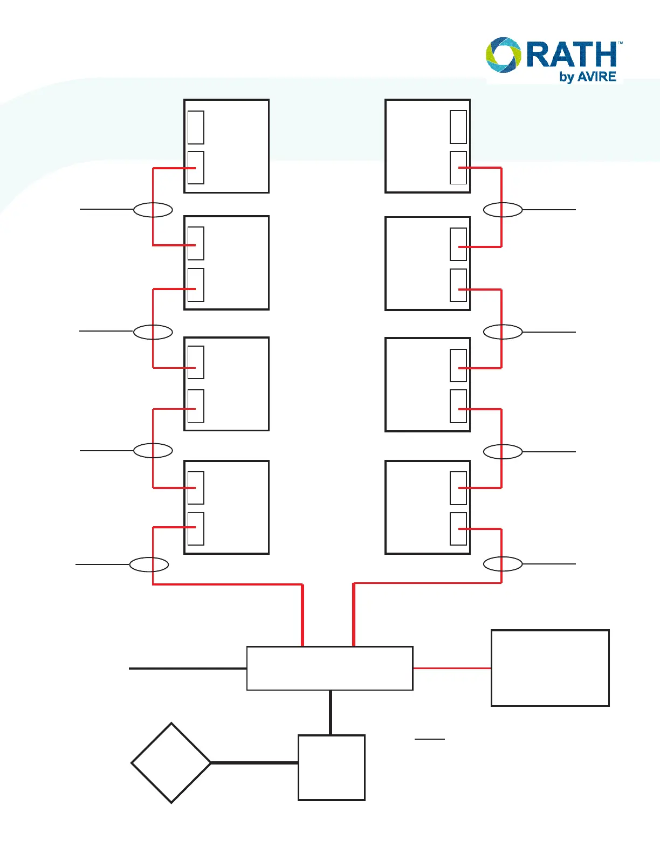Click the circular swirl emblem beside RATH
[x=504, y=54]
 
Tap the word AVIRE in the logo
[x=597, y=77]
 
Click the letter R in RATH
[x=539, y=55]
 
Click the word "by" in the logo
[x=567, y=77]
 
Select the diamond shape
[x=171, y=763]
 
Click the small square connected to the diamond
[x=332, y=767]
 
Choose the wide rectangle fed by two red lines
[x=329, y=668]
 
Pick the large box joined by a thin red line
[x=550, y=667]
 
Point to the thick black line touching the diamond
[x=254, y=763]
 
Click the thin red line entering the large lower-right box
[x=452, y=668]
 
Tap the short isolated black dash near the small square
[x=430, y=739]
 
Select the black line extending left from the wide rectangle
[x=188, y=669]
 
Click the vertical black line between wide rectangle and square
[x=331, y=712]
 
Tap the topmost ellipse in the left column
[x=153, y=210]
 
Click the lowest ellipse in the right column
[x=503, y=564]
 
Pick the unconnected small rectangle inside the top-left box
[x=196, y=128]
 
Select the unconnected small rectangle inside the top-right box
[x=458, y=127]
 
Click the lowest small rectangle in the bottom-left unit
[x=196, y=528]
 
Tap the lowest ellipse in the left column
[x=149, y=564]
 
